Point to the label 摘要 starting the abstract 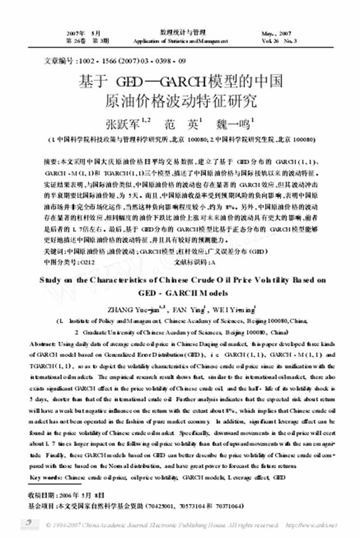51,161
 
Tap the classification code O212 86,262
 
